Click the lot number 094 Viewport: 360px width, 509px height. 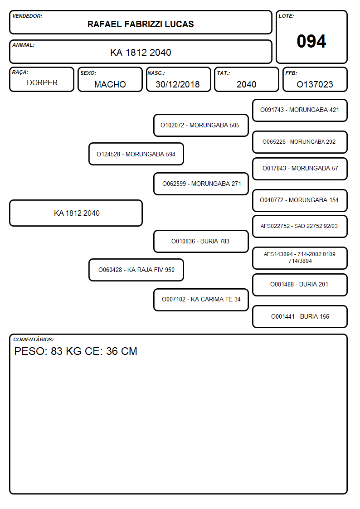coord(311,41)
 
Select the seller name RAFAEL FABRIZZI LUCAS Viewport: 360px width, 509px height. coord(141,24)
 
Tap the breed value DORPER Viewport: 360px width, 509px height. coord(42,83)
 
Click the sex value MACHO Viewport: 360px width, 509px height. coord(110,84)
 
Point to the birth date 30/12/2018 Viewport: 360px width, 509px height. coord(178,84)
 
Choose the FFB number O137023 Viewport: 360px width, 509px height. coord(315,84)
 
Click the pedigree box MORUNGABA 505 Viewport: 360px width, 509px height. coord(201,125)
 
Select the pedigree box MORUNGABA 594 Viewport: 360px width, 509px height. coord(136,154)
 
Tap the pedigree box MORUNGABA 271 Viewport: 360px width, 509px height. coord(201,184)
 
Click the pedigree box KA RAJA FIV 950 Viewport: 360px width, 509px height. coord(136,270)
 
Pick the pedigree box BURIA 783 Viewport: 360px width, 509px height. coord(201,241)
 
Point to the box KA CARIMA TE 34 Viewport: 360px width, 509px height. coord(201,299)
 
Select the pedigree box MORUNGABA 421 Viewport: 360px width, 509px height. coord(300,110)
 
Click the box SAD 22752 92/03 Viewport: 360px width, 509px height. coord(300,226)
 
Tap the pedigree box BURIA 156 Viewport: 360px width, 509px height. coord(300,316)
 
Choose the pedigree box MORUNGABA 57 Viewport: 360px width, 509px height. coord(300,169)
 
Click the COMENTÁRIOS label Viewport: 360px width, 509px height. coord(34,339)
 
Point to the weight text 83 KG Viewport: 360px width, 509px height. coord(66,351)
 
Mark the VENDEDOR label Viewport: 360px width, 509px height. coord(27,16)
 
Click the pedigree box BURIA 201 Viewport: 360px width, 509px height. coord(300,285)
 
